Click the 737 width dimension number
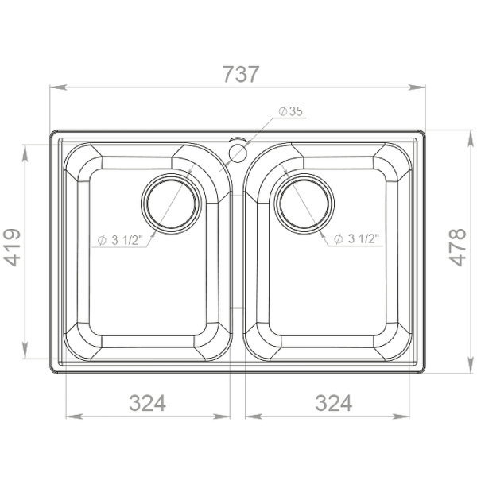click(241, 74)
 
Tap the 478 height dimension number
click(457, 247)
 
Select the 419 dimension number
click(12, 247)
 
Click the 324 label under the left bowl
click(148, 403)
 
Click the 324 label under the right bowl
click(334, 403)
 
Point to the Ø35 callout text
click(291, 111)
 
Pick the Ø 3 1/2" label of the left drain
click(120, 240)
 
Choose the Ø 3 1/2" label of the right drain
click(356, 238)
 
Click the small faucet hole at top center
click(237, 153)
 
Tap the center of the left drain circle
click(171, 204)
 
